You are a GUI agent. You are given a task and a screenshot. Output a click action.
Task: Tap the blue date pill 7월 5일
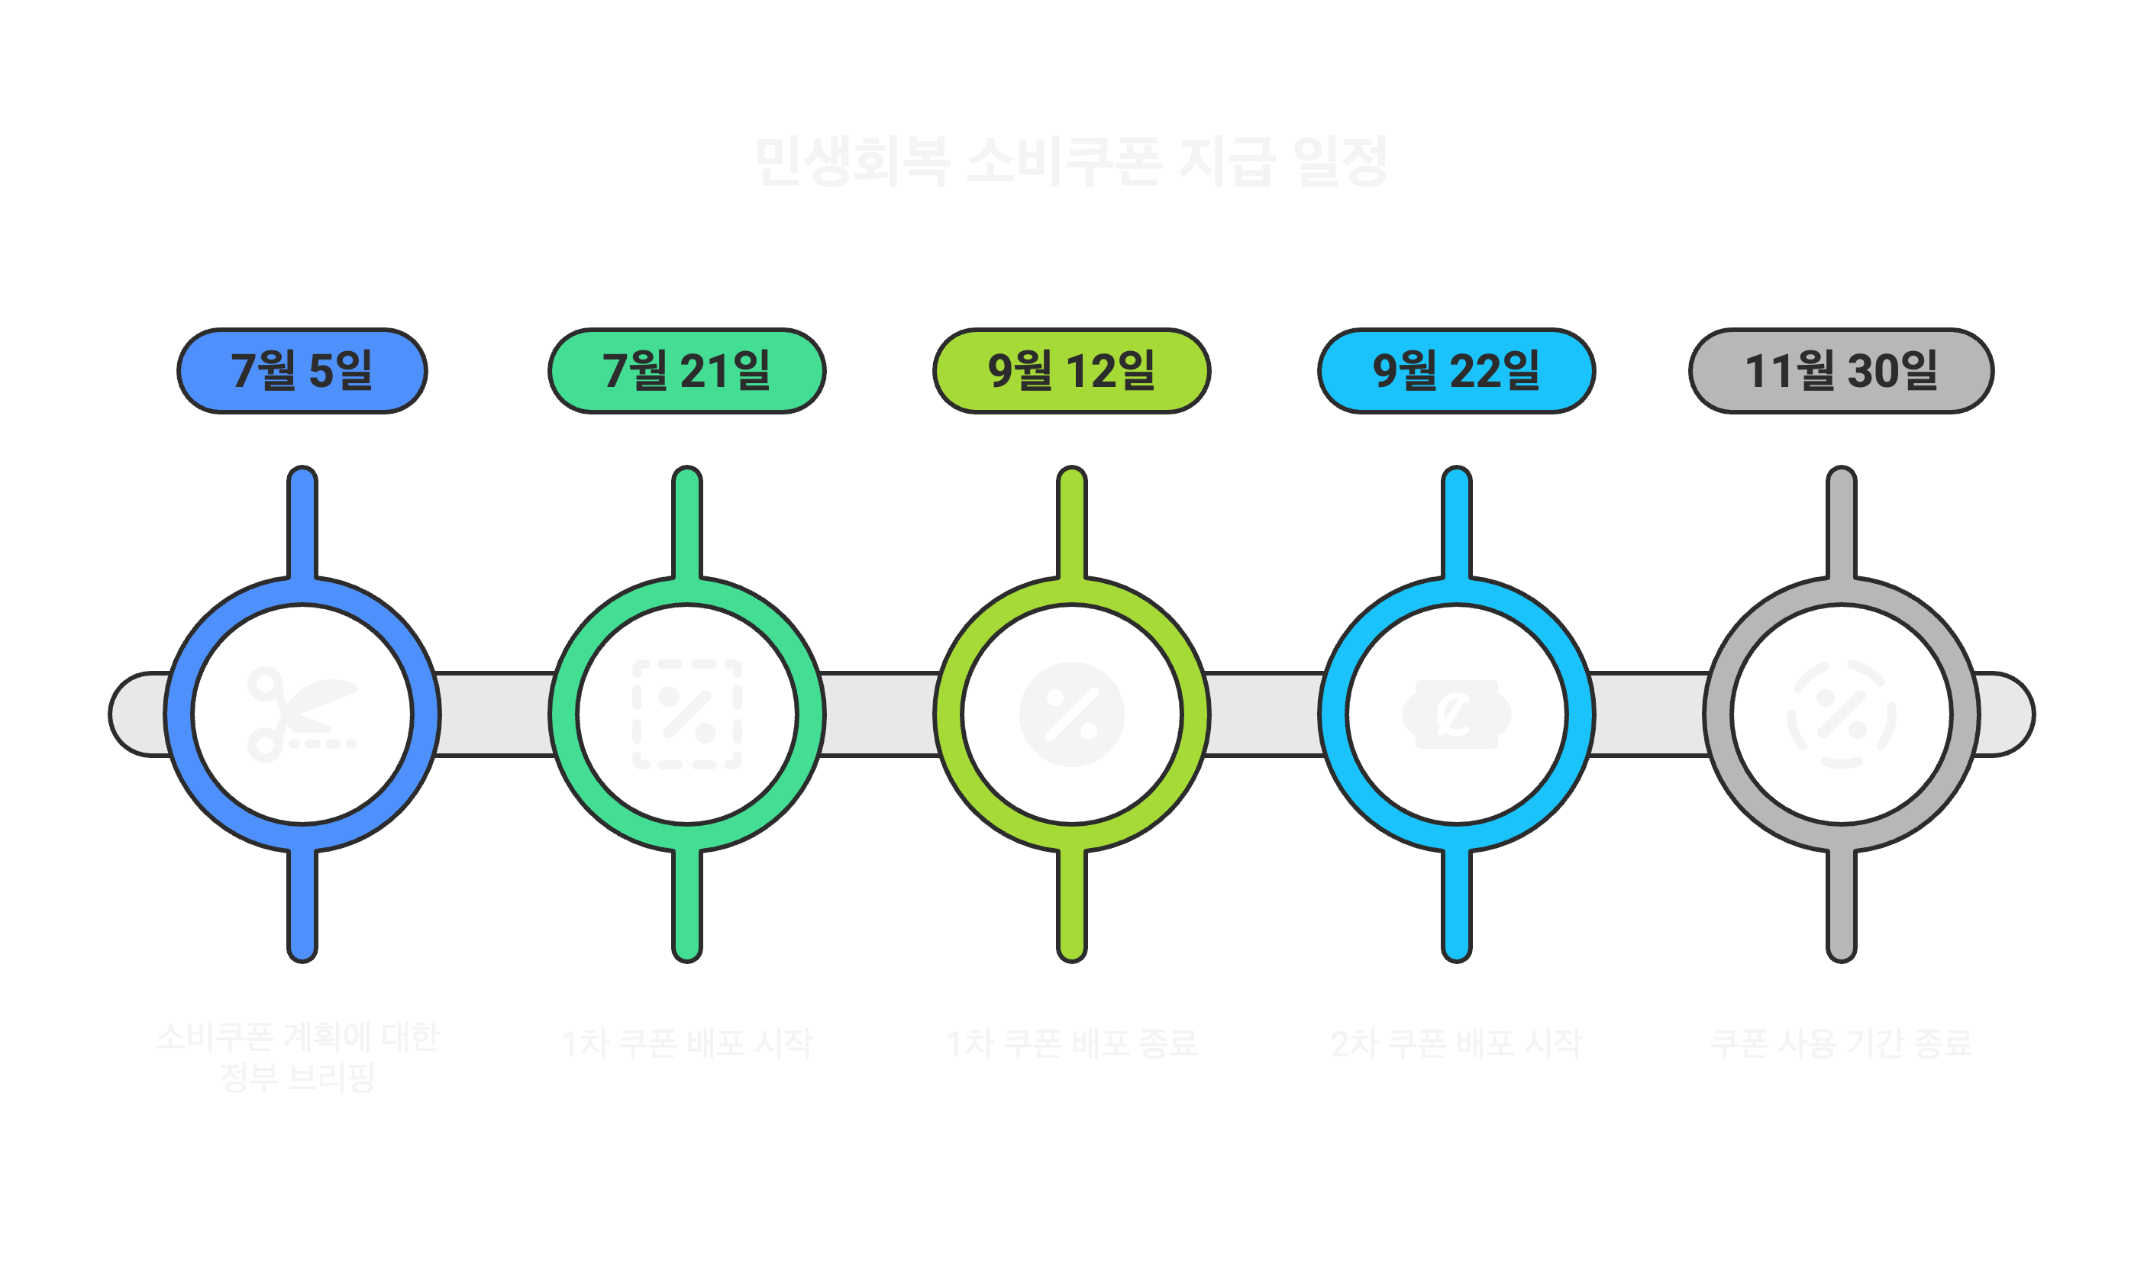pyautogui.click(x=302, y=370)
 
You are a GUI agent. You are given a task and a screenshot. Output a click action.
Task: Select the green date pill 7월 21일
pyautogui.click(x=686, y=370)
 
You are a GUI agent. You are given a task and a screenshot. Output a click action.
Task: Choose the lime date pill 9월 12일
pyautogui.click(x=1070, y=370)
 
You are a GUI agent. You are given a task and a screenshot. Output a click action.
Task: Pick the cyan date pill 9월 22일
pyautogui.click(x=1456, y=370)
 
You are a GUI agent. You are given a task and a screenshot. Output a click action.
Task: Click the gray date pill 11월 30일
pyautogui.click(x=1841, y=370)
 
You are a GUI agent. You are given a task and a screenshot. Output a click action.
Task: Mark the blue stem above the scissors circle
pyautogui.click(x=302, y=524)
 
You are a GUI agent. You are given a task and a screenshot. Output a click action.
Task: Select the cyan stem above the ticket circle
pyautogui.click(x=1457, y=524)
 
